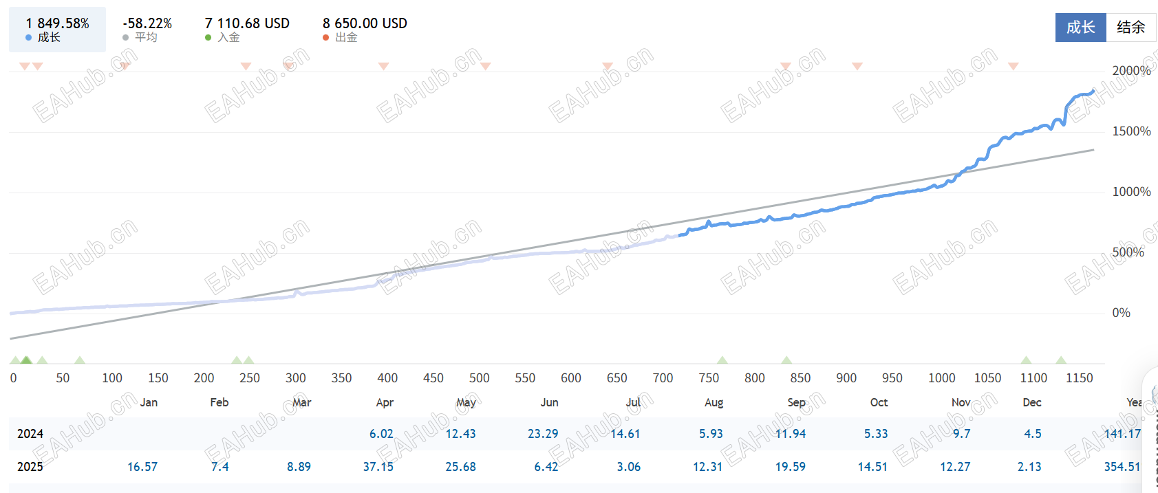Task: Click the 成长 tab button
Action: tap(1080, 28)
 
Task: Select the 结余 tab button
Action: tap(1130, 28)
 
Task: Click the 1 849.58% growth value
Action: tap(58, 23)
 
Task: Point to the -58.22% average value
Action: tap(147, 23)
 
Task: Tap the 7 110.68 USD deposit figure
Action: tap(247, 23)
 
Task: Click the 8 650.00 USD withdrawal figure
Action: tap(365, 23)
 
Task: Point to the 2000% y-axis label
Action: tap(1131, 71)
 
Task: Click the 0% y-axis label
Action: tap(1121, 313)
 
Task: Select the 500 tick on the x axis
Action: tap(479, 378)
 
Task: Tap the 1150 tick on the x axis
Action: tap(1079, 378)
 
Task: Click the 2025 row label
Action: tap(30, 467)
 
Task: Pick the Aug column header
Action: tap(714, 403)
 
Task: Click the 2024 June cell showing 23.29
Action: tap(543, 434)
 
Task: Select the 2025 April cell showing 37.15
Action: tap(378, 467)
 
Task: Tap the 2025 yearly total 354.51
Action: tap(1122, 467)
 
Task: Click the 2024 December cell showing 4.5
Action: tap(1032, 434)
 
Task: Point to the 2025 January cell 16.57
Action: tap(142, 467)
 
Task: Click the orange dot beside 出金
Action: tap(326, 38)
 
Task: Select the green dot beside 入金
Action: tap(208, 38)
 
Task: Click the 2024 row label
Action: tap(30, 434)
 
